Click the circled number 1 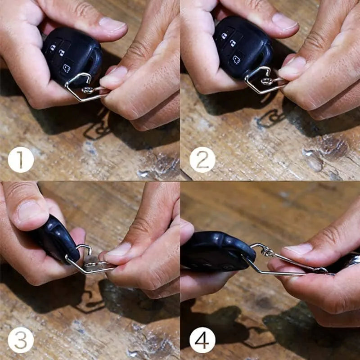pyautogui.click(x=21, y=160)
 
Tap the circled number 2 pyautogui.click(x=202, y=160)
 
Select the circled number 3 pyautogui.click(x=21, y=340)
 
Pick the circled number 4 pyautogui.click(x=202, y=340)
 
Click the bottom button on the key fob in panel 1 pyautogui.click(x=67, y=68)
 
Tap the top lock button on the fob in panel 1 pyautogui.click(x=53, y=47)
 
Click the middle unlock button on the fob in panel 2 pyautogui.click(x=233, y=43)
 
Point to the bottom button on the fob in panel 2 pyautogui.click(x=237, y=59)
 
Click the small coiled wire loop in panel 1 pyautogui.click(x=88, y=90)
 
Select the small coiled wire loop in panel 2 pyautogui.click(x=266, y=81)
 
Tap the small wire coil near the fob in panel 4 pyautogui.click(x=267, y=252)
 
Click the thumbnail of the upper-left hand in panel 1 pyautogui.click(x=113, y=24)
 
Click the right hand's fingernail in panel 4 pyautogui.click(x=298, y=249)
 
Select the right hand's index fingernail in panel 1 pyautogui.click(x=113, y=76)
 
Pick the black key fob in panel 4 pyautogui.click(x=218, y=252)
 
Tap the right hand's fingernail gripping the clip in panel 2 pyautogui.click(x=292, y=67)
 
